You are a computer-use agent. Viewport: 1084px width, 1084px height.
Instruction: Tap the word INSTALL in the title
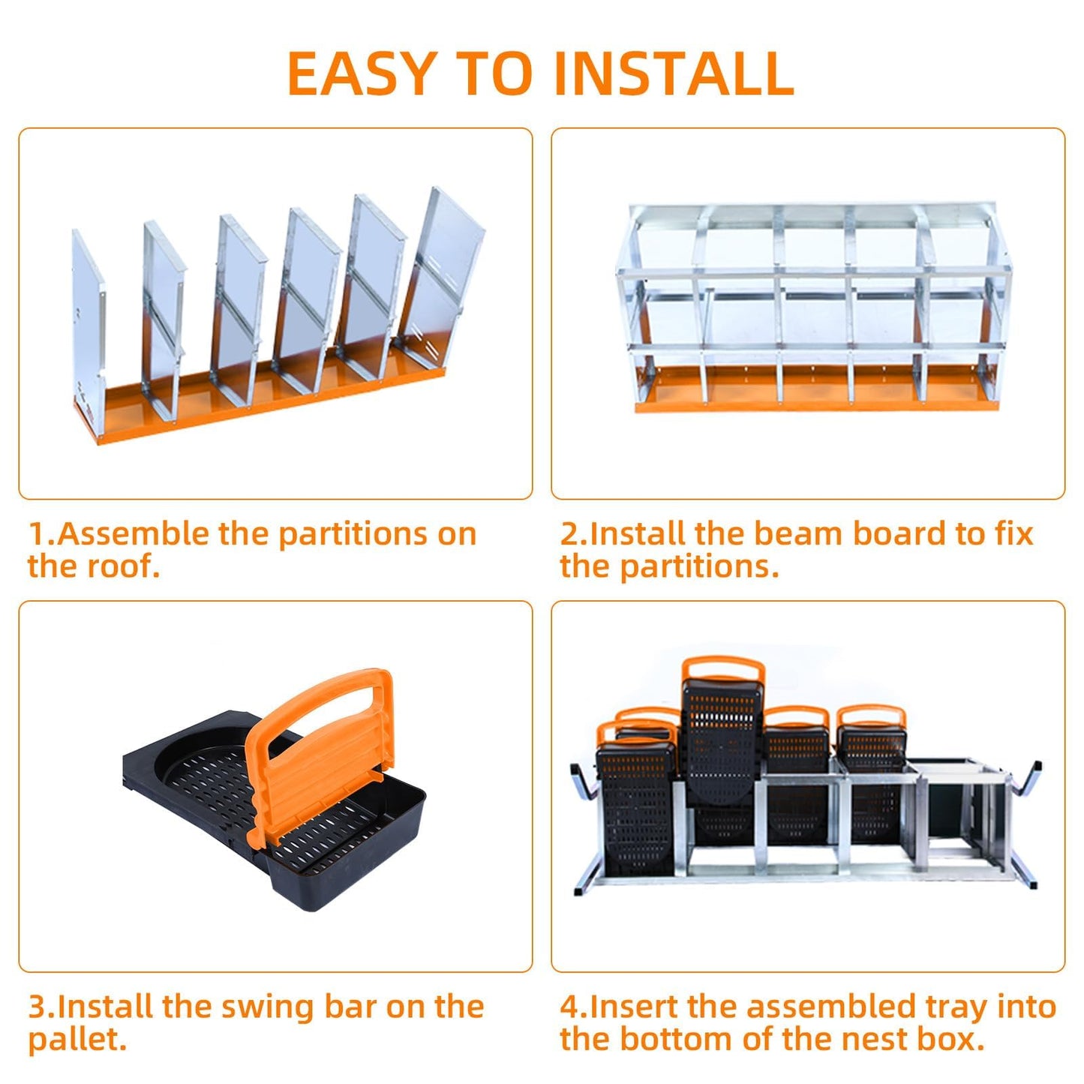pos(674,74)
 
